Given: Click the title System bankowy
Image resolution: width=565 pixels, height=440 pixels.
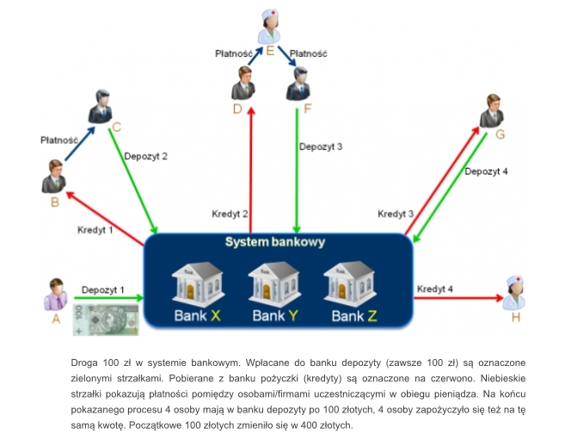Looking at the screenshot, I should pos(274,243).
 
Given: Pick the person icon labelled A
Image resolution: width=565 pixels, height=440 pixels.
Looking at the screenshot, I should pos(56,294).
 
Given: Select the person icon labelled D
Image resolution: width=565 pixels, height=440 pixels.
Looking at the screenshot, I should pos(243,82).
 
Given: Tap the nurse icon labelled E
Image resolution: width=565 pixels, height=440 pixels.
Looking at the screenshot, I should pos(271,24).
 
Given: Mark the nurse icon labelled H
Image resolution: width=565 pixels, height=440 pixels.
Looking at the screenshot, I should pos(514,294).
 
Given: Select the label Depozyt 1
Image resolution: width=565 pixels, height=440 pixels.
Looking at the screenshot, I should pos(104,289).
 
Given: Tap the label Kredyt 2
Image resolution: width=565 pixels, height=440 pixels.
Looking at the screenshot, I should pos(230,213).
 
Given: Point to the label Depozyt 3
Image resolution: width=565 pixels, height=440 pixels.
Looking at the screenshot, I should pos(321,146).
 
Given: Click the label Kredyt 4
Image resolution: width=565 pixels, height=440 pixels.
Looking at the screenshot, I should pos(435,288).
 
